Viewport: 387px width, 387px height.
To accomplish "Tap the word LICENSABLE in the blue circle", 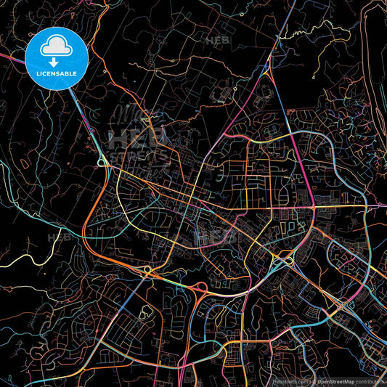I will (57, 74).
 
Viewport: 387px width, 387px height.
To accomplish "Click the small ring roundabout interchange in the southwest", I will (148, 271).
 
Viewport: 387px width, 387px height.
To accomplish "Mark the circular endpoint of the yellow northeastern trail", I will (314, 76).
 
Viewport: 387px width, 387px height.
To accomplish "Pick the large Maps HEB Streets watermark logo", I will (138, 145).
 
